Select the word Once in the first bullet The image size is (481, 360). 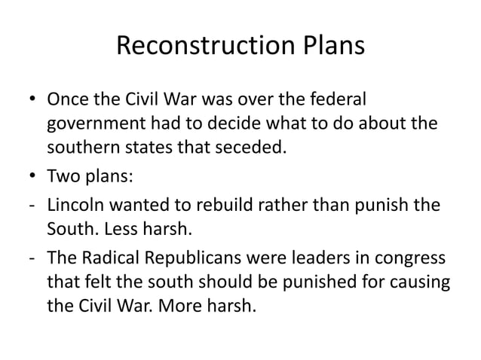pyautogui.click(x=66, y=100)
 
